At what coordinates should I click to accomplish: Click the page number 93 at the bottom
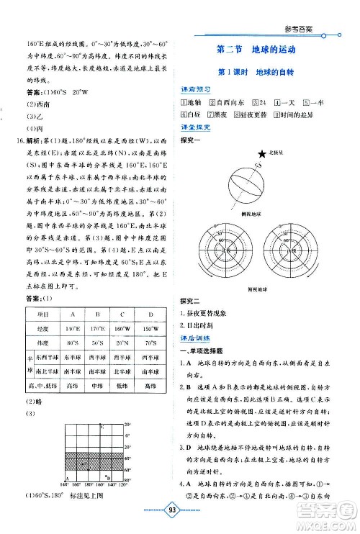coord(180,520)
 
